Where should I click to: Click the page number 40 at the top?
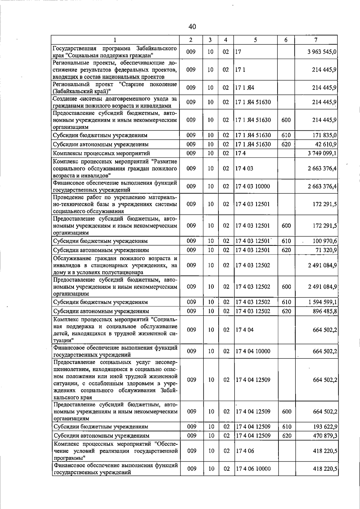pyautogui.click(x=192, y=27)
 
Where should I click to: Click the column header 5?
pyautogui.click(x=255, y=40)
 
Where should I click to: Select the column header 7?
pyautogui.click(x=316, y=40)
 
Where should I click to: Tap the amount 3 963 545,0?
pyautogui.click(x=322, y=52)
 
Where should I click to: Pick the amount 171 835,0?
pyautogui.click(x=325, y=135)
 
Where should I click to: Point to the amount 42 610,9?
pyautogui.click(x=325, y=144)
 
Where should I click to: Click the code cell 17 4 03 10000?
pyautogui.click(x=253, y=186)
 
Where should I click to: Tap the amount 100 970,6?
pyautogui.click(x=325, y=241)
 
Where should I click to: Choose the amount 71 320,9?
pyautogui.click(x=325, y=250)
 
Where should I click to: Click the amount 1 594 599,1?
pyautogui.click(x=322, y=302)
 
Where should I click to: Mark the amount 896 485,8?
pyautogui.click(x=325, y=311)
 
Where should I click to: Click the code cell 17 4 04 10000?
pyautogui.click(x=253, y=351)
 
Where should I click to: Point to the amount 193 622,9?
pyautogui.click(x=325, y=427)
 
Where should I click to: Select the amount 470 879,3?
pyautogui.click(x=325, y=436)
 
